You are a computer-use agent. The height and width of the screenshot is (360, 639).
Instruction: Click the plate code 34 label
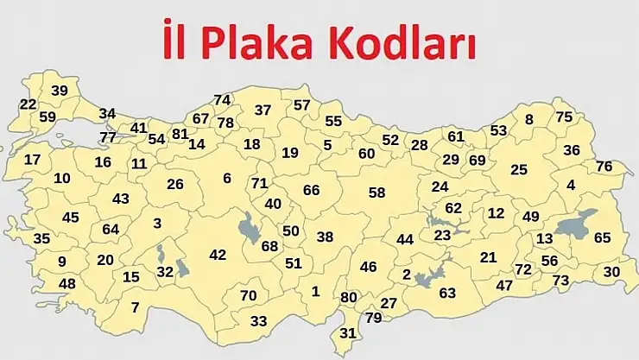(x=107, y=113)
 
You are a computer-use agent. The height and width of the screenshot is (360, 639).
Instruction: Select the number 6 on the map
(x=227, y=178)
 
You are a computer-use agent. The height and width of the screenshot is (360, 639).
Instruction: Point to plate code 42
(x=218, y=255)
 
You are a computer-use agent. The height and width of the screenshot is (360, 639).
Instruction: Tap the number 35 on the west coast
(x=41, y=238)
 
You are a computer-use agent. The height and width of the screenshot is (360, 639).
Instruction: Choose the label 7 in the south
(x=135, y=306)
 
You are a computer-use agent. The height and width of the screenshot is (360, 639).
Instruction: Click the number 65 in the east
(x=602, y=237)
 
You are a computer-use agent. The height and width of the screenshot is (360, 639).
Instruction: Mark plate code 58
(x=376, y=192)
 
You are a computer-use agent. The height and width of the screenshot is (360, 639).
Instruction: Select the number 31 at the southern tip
(x=347, y=332)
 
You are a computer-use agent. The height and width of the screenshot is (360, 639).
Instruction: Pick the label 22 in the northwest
(x=28, y=104)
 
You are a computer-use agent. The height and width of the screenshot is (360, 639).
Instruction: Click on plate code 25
(x=518, y=169)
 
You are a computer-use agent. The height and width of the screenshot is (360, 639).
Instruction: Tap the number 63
(x=446, y=293)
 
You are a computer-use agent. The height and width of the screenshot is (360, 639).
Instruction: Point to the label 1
(x=315, y=291)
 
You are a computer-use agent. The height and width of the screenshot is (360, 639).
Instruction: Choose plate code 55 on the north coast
(x=333, y=121)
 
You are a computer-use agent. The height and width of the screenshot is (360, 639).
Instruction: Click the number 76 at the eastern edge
(x=604, y=166)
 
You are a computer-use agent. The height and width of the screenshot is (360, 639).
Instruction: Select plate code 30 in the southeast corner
(x=611, y=271)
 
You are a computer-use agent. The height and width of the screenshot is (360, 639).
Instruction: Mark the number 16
(x=103, y=161)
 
